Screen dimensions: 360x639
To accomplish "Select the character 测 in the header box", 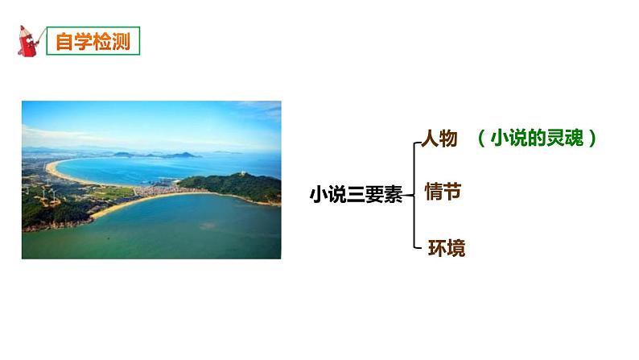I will coord(124,40).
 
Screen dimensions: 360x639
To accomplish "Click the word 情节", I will coord(441,192).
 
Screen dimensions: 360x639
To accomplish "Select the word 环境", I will coord(446,246).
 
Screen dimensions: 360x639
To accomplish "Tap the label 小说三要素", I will coord(356,194).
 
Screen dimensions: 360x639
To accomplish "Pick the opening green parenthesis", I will coord(480,139).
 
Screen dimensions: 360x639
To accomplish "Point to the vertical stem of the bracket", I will coord(414,193).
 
